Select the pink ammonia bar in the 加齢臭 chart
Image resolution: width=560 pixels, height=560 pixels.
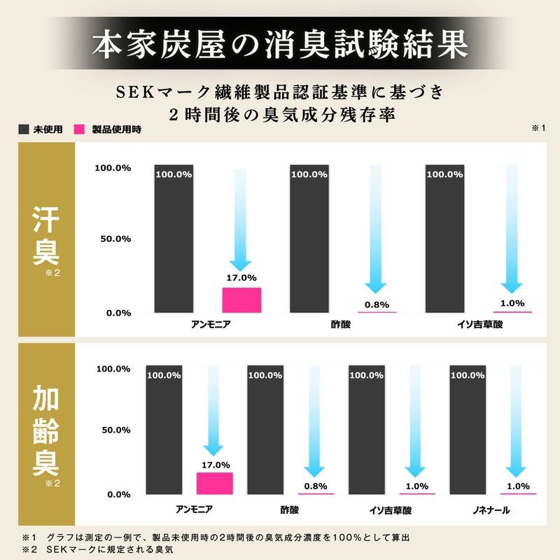(214, 483)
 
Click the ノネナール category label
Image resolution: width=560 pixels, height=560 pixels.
(489, 511)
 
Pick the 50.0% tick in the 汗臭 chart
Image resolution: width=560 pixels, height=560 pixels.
(113, 239)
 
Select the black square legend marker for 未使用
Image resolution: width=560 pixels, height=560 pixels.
(23, 129)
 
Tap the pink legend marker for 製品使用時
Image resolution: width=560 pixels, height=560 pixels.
(78, 129)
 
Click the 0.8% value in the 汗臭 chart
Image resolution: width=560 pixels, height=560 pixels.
(377, 304)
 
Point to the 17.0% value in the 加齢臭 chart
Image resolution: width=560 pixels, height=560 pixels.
(215, 465)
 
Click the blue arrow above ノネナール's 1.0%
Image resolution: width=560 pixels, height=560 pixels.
(517, 421)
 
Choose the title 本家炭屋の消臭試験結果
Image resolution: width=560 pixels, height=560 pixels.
(280, 43)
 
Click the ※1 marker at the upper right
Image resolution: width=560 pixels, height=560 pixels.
(538, 129)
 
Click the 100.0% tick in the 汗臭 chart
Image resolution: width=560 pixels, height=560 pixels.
(113, 169)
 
